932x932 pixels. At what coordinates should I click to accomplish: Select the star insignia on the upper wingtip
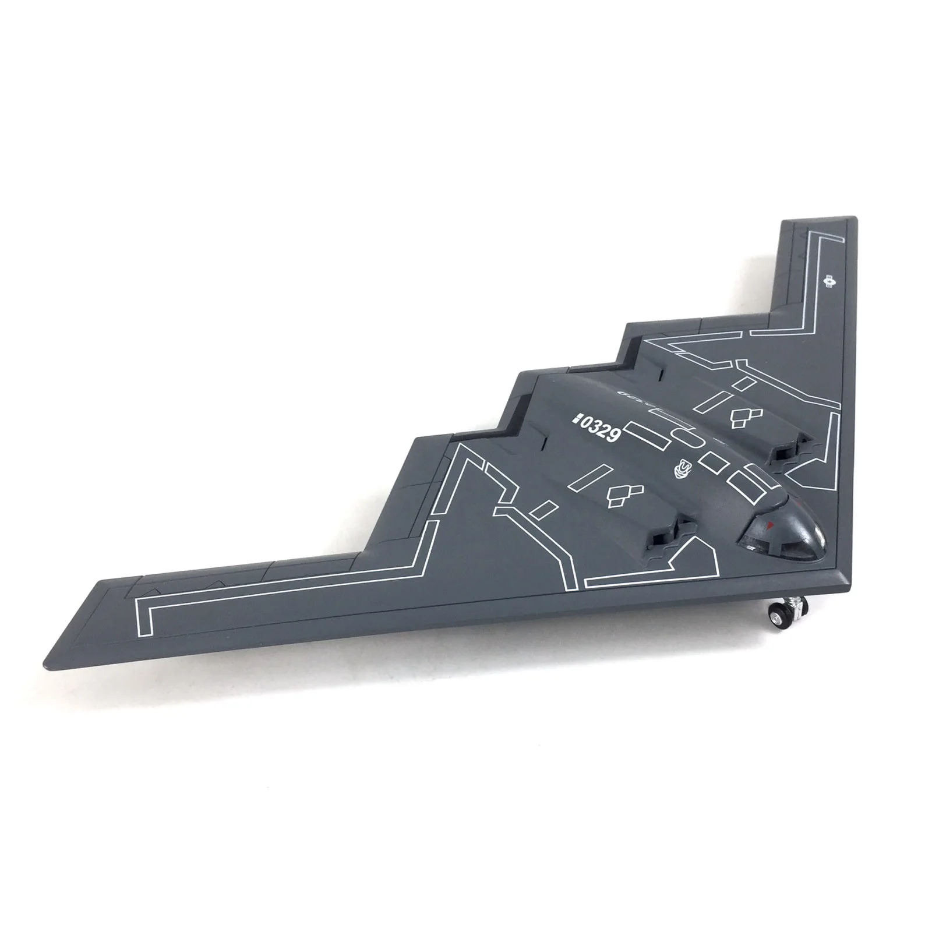pos(829,281)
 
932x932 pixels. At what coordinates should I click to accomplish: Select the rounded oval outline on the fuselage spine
pos(687,437)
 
